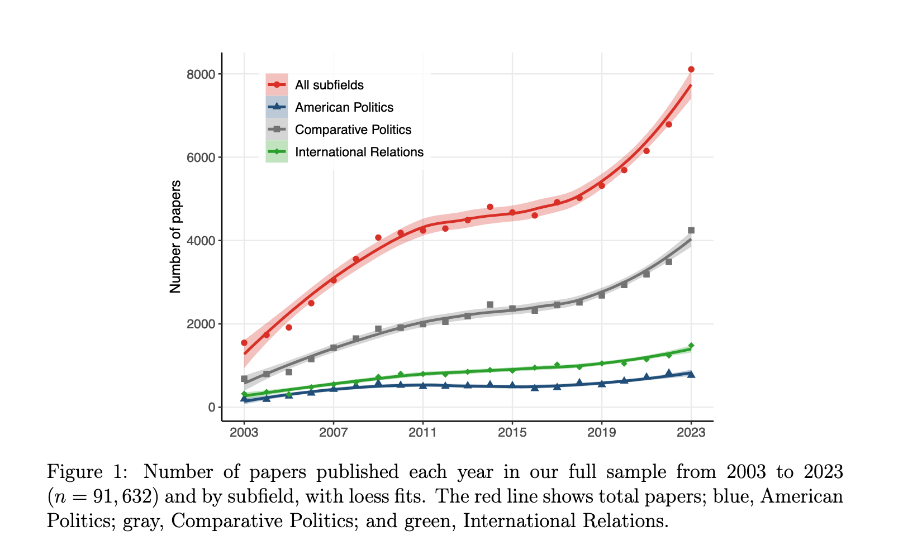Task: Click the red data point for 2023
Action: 691,69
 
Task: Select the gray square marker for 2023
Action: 691,230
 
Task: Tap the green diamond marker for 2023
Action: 691,346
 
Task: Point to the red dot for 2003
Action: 244,343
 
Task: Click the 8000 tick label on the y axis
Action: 201,74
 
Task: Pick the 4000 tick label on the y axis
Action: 201,241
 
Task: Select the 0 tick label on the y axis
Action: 212,407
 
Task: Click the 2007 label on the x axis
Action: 334,432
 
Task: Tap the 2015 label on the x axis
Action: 512,432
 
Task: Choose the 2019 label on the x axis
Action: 602,432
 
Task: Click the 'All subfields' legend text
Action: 329,85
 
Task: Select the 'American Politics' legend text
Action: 344,107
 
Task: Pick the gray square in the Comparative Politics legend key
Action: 277,130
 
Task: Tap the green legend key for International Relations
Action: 277,152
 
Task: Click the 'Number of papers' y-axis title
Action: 175,237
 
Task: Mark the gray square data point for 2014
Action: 490,304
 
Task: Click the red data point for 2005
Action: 289,327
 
